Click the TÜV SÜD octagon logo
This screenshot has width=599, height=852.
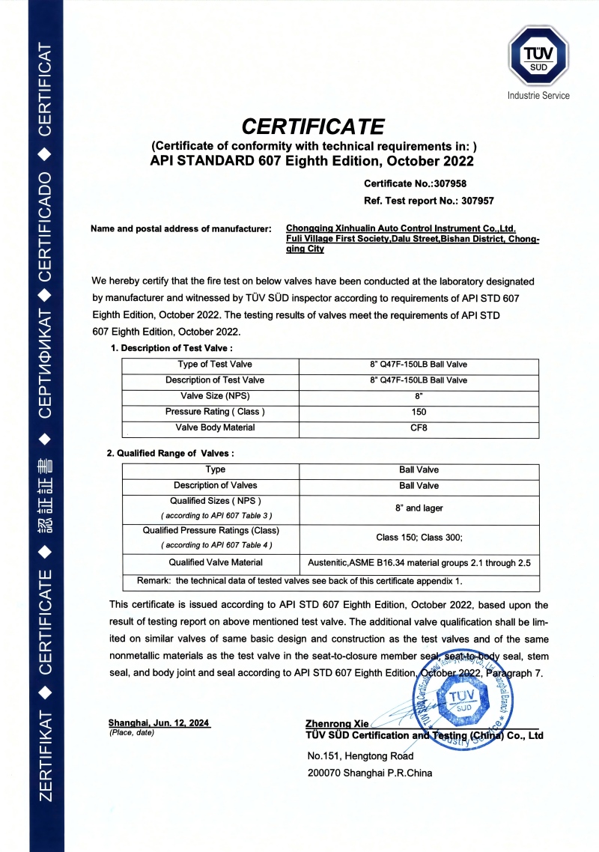coord(538,58)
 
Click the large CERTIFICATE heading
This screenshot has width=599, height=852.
coord(313,125)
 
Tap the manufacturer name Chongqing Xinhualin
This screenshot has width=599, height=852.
coord(401,228)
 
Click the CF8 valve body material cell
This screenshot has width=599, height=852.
coord(419,429)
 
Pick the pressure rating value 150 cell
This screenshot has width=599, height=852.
coord(419,413)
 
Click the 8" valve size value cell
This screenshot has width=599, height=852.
coord(419,397)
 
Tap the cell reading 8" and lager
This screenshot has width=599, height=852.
coord(419,508)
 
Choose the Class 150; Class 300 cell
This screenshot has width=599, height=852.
coord(419,538)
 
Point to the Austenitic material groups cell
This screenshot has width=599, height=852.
coord(419,563)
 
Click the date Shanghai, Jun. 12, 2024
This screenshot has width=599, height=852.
coord(159,722)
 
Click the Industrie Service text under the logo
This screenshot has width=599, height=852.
coord(538,96)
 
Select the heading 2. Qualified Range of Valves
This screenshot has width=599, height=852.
coord(171,453)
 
